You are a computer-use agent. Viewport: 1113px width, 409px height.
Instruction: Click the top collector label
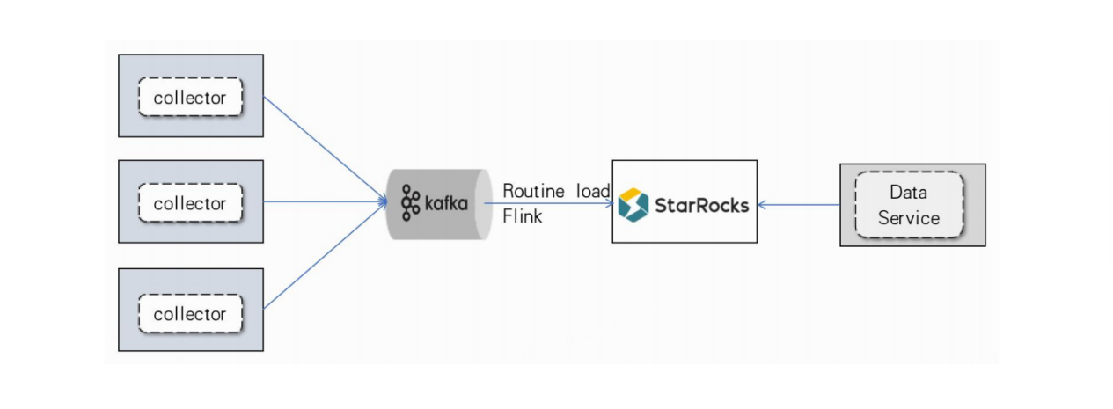click(190, 98)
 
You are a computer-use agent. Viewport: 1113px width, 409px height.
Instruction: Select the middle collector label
click(190, 203)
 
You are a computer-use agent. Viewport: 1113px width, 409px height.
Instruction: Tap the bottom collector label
click(190, 314)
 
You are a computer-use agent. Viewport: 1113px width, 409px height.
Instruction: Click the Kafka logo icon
click(411, 203)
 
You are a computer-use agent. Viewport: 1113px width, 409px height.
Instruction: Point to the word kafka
click(446, 204)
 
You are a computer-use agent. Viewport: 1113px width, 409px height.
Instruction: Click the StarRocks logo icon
click(633, 204)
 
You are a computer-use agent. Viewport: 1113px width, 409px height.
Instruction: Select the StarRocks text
click(701, 205)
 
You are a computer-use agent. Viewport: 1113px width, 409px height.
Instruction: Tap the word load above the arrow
click(593, 191)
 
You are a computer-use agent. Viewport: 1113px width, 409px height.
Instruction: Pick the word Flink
click(522, 216)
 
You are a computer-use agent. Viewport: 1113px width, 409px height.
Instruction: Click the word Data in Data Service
click(909, 193)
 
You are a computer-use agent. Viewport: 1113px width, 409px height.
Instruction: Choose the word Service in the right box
click(909, 217)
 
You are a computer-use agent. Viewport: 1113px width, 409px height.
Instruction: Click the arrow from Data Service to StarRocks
click(801, 204)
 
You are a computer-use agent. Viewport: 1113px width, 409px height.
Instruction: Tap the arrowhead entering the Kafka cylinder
click(384, 202)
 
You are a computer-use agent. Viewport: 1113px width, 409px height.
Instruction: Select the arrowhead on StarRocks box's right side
click(763, 204)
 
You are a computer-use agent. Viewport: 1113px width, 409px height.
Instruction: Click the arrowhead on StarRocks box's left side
click(608, 203)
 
